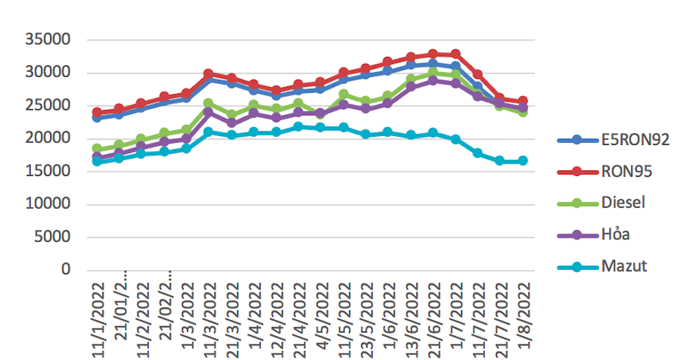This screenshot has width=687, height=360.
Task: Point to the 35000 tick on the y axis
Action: (x=48, y=40)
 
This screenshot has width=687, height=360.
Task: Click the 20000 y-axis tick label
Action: (x=48, y=138)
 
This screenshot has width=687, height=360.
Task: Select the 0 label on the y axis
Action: (x=66, y=270)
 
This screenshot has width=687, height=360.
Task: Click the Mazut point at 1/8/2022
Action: (x=523, y=161)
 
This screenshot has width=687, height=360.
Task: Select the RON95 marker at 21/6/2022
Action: (x=433, y=54)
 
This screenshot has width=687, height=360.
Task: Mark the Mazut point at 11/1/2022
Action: (x=97, y=161)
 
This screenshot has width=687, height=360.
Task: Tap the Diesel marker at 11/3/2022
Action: (x=209, y=104)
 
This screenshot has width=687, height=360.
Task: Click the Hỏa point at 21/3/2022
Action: (x=232, y=123)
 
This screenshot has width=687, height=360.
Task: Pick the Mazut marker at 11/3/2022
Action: (x=209, y=131)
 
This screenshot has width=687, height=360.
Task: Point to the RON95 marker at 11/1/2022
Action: (x=97, y=112)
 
